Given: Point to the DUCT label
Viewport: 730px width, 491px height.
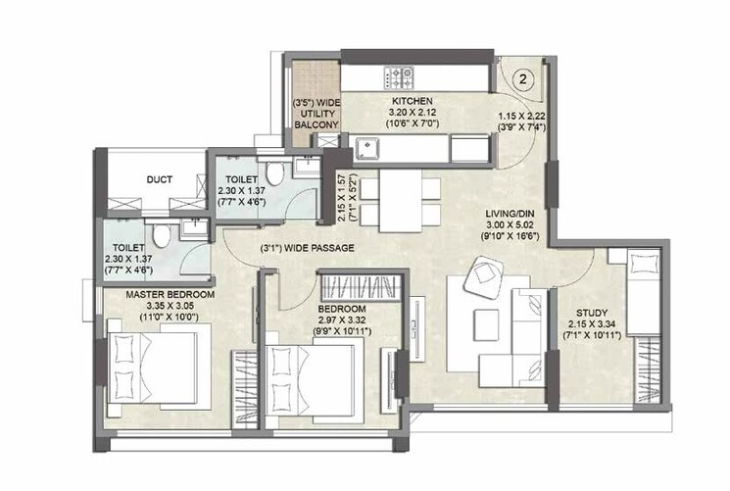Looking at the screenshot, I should pos(160,179).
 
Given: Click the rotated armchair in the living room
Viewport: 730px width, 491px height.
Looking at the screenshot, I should pos(487,278).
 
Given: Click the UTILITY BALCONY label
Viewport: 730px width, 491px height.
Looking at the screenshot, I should pos(316,114).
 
